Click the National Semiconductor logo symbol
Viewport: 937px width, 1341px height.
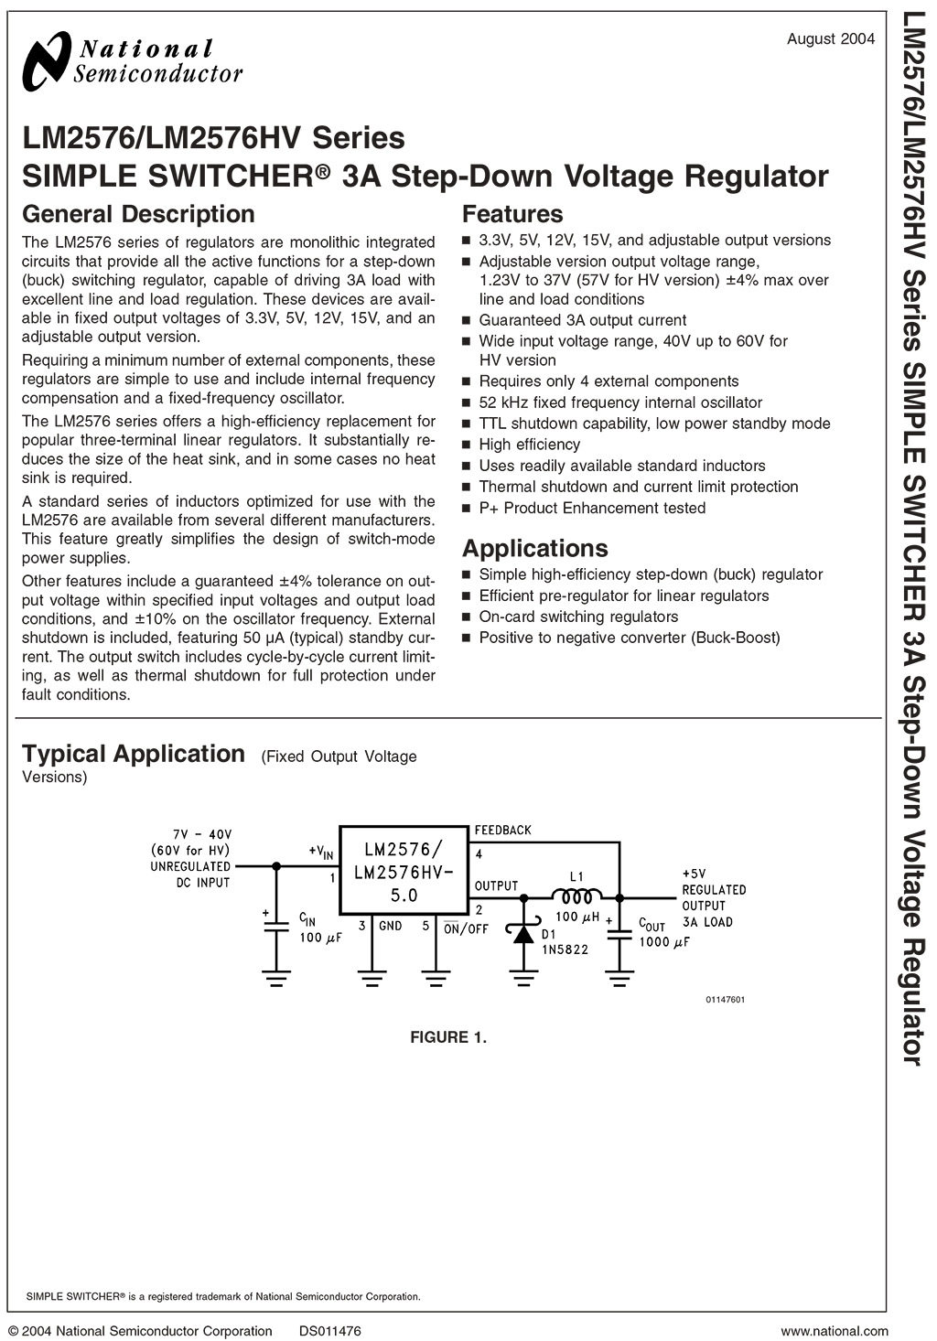[45, 59]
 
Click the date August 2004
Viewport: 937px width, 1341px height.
[831, 38]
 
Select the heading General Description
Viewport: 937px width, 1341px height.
[138, 214]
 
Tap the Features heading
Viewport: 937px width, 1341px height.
[512, 214]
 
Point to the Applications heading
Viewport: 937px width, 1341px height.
[534, 548]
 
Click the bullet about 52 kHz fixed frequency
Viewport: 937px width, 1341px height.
[619, 402]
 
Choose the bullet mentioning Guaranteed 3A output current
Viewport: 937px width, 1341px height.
[582, 320]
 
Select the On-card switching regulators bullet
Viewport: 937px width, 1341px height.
[578, 617]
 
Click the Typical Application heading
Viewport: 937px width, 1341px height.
[134, 754]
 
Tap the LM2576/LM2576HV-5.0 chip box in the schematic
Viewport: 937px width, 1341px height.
[404, 869]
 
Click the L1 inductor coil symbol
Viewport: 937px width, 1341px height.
[576, 896]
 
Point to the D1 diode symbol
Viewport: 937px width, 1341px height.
[524, 934]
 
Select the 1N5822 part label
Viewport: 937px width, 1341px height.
[565, 949]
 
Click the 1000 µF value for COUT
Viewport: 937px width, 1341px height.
[664, 942]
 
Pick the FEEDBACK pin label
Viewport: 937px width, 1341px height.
[502, 831]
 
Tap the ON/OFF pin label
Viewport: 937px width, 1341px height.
[467, 928]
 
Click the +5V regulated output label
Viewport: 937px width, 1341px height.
[695, 874]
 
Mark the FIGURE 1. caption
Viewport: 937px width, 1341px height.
[448, 1037]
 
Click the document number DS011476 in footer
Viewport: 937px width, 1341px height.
[329, 1331]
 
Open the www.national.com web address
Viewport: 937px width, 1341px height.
[835, 1331]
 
